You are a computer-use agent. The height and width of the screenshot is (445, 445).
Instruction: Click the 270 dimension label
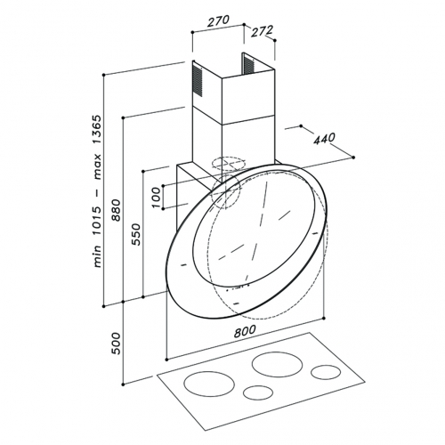point(218,21)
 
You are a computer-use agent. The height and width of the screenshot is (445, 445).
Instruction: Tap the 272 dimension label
point(262,31)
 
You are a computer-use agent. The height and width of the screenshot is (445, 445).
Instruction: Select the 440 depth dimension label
point(324,139)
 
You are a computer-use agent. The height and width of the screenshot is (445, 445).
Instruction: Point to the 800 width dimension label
point(245,331)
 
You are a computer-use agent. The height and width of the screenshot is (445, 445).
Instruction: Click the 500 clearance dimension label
point(117,344)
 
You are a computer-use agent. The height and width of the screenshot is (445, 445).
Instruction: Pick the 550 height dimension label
point(136,234)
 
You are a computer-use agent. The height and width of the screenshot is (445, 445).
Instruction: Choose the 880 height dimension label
point(117,210)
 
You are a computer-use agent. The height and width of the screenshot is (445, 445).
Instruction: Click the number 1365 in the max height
point(97,130)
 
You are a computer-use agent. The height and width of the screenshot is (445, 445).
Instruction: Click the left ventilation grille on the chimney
point(198,81)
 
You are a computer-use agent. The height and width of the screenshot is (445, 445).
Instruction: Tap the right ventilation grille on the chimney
point(249,64)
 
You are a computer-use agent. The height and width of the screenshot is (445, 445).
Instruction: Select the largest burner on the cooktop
point(277,364)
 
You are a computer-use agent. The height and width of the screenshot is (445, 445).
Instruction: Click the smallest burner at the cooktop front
point(258,392)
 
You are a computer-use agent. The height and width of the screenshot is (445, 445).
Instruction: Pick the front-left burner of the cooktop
point(209,384)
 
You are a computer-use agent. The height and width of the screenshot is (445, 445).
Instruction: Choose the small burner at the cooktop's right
point(326,372)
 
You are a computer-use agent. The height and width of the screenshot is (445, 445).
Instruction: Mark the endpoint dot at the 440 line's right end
point(353,158)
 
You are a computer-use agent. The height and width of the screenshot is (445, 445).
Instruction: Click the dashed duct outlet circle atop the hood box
point(229,164)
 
